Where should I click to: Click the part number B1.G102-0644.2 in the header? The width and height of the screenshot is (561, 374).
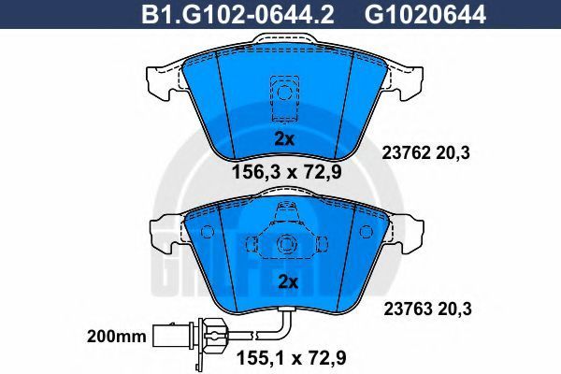click(237, 15)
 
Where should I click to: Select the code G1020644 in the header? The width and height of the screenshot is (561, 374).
click(425, 15)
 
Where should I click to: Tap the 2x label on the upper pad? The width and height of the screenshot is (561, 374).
click(284, 139)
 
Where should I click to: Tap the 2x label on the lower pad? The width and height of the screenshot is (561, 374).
click(288, 282)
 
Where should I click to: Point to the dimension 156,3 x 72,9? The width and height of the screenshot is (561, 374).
click(287, 172)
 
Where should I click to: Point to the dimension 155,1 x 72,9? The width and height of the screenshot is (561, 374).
click(292, 358)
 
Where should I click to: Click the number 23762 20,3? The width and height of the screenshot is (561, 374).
click(425, 153)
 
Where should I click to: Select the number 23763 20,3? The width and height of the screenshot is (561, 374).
click(428, 309)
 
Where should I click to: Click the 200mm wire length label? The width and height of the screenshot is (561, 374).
click(117, 337)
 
